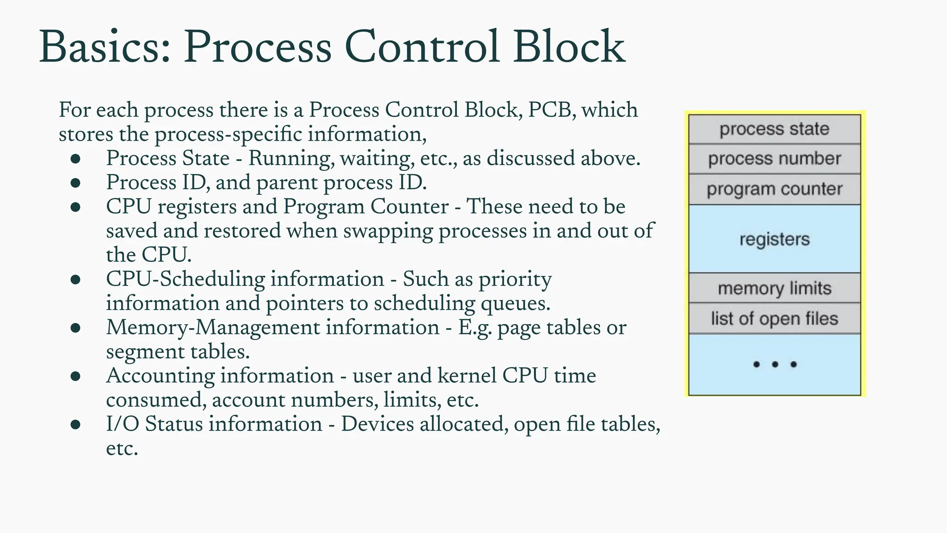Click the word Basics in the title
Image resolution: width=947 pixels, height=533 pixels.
coord(105,47)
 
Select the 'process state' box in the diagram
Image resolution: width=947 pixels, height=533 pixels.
coord(774,129)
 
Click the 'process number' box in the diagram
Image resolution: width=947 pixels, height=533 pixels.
coord(774,159)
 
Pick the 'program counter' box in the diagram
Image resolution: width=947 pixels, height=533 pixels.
coord(774,189)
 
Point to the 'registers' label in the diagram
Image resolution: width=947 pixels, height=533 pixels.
coord(774,239)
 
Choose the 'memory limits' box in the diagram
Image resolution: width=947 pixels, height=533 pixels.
coord(774,288)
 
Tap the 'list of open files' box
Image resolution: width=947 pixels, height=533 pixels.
coord(774,319)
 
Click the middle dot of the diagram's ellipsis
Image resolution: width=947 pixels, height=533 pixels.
coord(775,365)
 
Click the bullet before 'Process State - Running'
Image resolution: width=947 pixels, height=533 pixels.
coord(76,159)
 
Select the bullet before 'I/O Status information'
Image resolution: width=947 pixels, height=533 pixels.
coord(76,425)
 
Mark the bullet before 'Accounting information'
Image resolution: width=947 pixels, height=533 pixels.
coord(76,376)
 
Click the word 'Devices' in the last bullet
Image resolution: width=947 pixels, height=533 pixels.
coord(377,424)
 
